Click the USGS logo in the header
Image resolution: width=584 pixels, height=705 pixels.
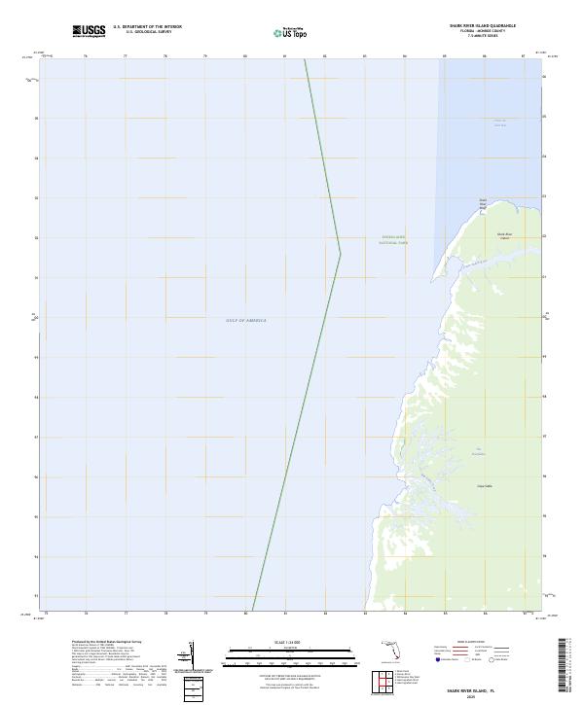tap(90, 32)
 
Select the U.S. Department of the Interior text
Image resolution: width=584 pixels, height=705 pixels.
tap(147, 27)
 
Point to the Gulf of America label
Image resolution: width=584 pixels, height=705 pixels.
tap(245, 320)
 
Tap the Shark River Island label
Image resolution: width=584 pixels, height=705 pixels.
tap(504, 235)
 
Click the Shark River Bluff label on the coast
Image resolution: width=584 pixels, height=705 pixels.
tap(482, 203)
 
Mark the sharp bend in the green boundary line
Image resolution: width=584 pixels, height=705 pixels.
tap(340, 254)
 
